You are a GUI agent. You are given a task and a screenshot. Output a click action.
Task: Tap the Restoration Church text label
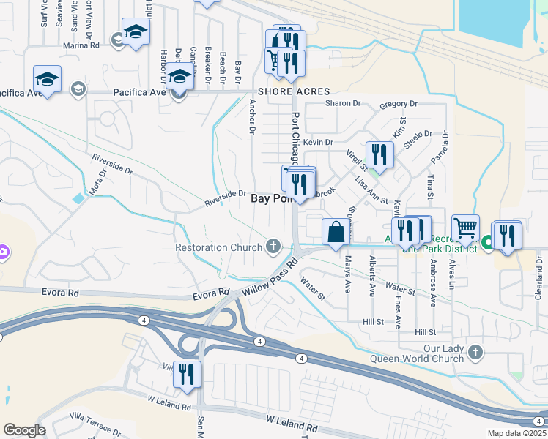218,247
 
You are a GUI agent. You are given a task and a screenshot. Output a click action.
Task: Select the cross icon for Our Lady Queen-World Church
475,353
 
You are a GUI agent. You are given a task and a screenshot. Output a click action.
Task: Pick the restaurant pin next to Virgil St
379,154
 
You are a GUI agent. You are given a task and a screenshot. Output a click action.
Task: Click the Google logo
24,430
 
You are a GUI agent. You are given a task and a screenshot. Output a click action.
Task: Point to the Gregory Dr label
398,105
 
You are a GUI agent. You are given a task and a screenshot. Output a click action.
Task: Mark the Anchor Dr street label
252,117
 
